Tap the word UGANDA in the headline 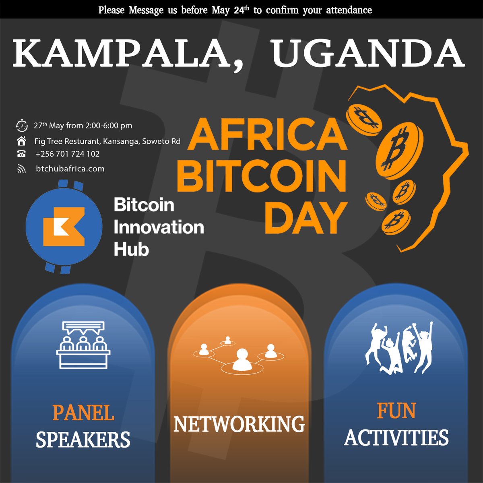click(367, 54)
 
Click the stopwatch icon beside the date click(21, 125)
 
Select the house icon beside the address click(21, 141)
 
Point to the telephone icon click(21, 154)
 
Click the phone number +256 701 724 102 click(67, 154)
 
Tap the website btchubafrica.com click(70, 169)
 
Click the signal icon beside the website click(21, 169)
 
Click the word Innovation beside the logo click(159, 227)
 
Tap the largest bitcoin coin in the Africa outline click(401, 151)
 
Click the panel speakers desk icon click(83, 345)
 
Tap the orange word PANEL click(83, 413)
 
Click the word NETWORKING click(239, 424)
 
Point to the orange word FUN click(396, 411)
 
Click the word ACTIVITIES click(396, 438)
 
